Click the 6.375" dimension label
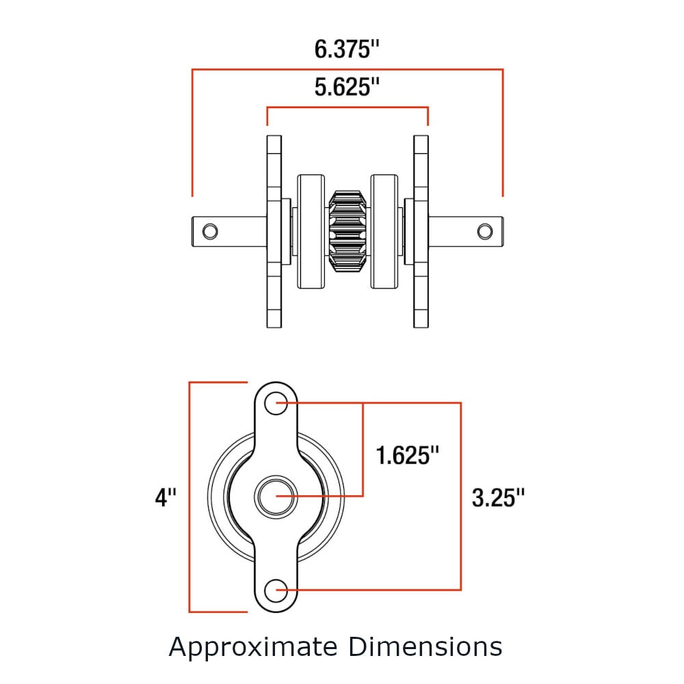coord(347,50)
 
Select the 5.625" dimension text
coord(347,88)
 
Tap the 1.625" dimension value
coord(408,455)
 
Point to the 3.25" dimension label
coord(499,497)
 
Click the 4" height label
coord(166,497)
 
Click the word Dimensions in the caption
coord(425,646)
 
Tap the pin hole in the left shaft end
coord(211,231)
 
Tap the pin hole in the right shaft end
coord(484,231)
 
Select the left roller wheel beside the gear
coord(311,231)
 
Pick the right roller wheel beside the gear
coord(384,231)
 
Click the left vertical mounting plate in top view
coord(274,231)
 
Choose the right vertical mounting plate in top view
coord(421,231)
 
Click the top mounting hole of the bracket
coord(276,402)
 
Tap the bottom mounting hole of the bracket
coord(276,589)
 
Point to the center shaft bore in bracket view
coord(276,496)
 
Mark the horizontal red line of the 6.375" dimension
coord(347,69)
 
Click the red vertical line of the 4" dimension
coord(189,496)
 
